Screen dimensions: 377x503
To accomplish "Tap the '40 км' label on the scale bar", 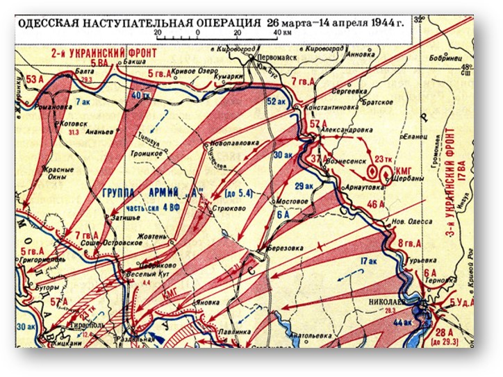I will pos(281,33).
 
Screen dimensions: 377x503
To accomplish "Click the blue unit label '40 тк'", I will pos(141,95).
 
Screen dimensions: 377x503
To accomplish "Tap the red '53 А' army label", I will pos(35,81).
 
